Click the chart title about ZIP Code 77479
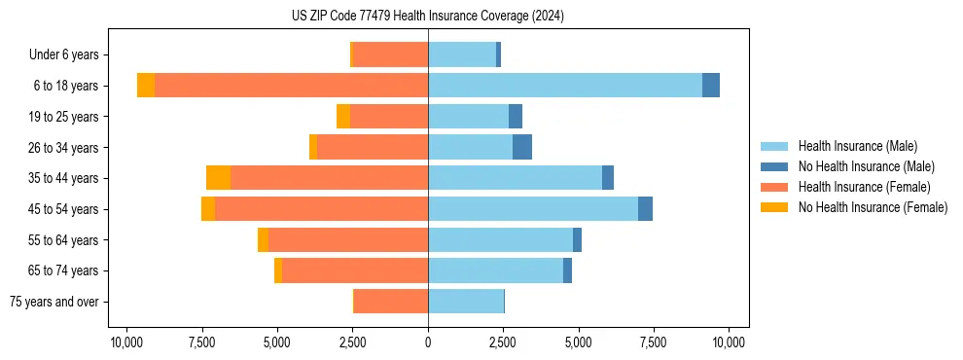coord(428,17)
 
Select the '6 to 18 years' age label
coord(66,86)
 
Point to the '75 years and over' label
coord(54,302)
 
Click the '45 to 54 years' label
coord(63,209)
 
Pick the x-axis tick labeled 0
coord(428,342)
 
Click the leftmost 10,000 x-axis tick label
coord(126,342)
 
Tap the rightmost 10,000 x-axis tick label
coord(729,342)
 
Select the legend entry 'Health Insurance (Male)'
coord(857,146)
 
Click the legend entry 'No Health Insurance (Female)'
coord(873,207)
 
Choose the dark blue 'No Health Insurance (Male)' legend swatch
coord(774,166)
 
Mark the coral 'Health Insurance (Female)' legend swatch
coord(774,187)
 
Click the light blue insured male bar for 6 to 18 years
coord(564,86)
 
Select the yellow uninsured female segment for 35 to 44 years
coord(218,178)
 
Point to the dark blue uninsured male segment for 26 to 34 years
coord(522,147)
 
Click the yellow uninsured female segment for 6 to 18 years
coord(146,86)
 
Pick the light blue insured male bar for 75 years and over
coord(466,302)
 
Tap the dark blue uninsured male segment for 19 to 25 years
coord(516,117)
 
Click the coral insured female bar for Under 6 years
coord(390,54)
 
